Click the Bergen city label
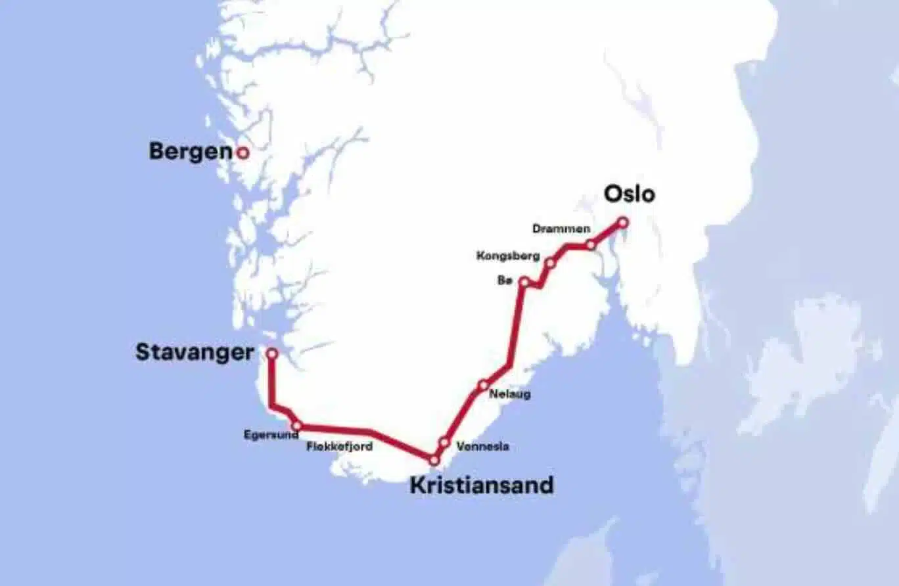tap(191, 152)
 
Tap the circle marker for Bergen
tap(242, 153)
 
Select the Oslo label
tap(629, 194)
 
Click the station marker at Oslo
tap(623, 223)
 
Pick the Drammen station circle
tap(591, 245)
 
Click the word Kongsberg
tap(508, 256)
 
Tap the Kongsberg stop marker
tap(550, 263)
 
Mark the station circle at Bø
tap(524, 282)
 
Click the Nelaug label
tap(510, 395)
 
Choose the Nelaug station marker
tap(484, 385)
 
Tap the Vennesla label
tap(483, 447)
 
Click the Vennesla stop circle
tap(444, 443)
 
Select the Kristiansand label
tap(482, 485)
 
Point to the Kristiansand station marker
tap(434, 461)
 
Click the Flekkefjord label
tap(340, 447)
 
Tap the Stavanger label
tap(195, 353)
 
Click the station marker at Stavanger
tap(271, 353)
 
